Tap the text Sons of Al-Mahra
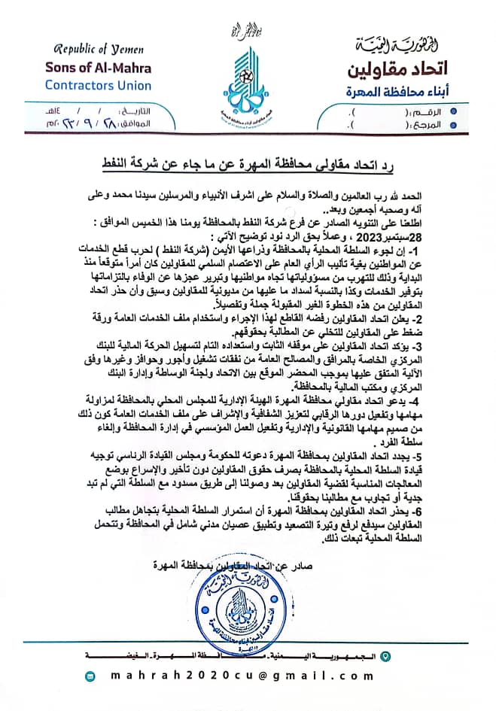coord(98,67)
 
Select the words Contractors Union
coord(98,85)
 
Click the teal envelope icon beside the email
coord(91,677)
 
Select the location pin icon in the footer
coord(387,657)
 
